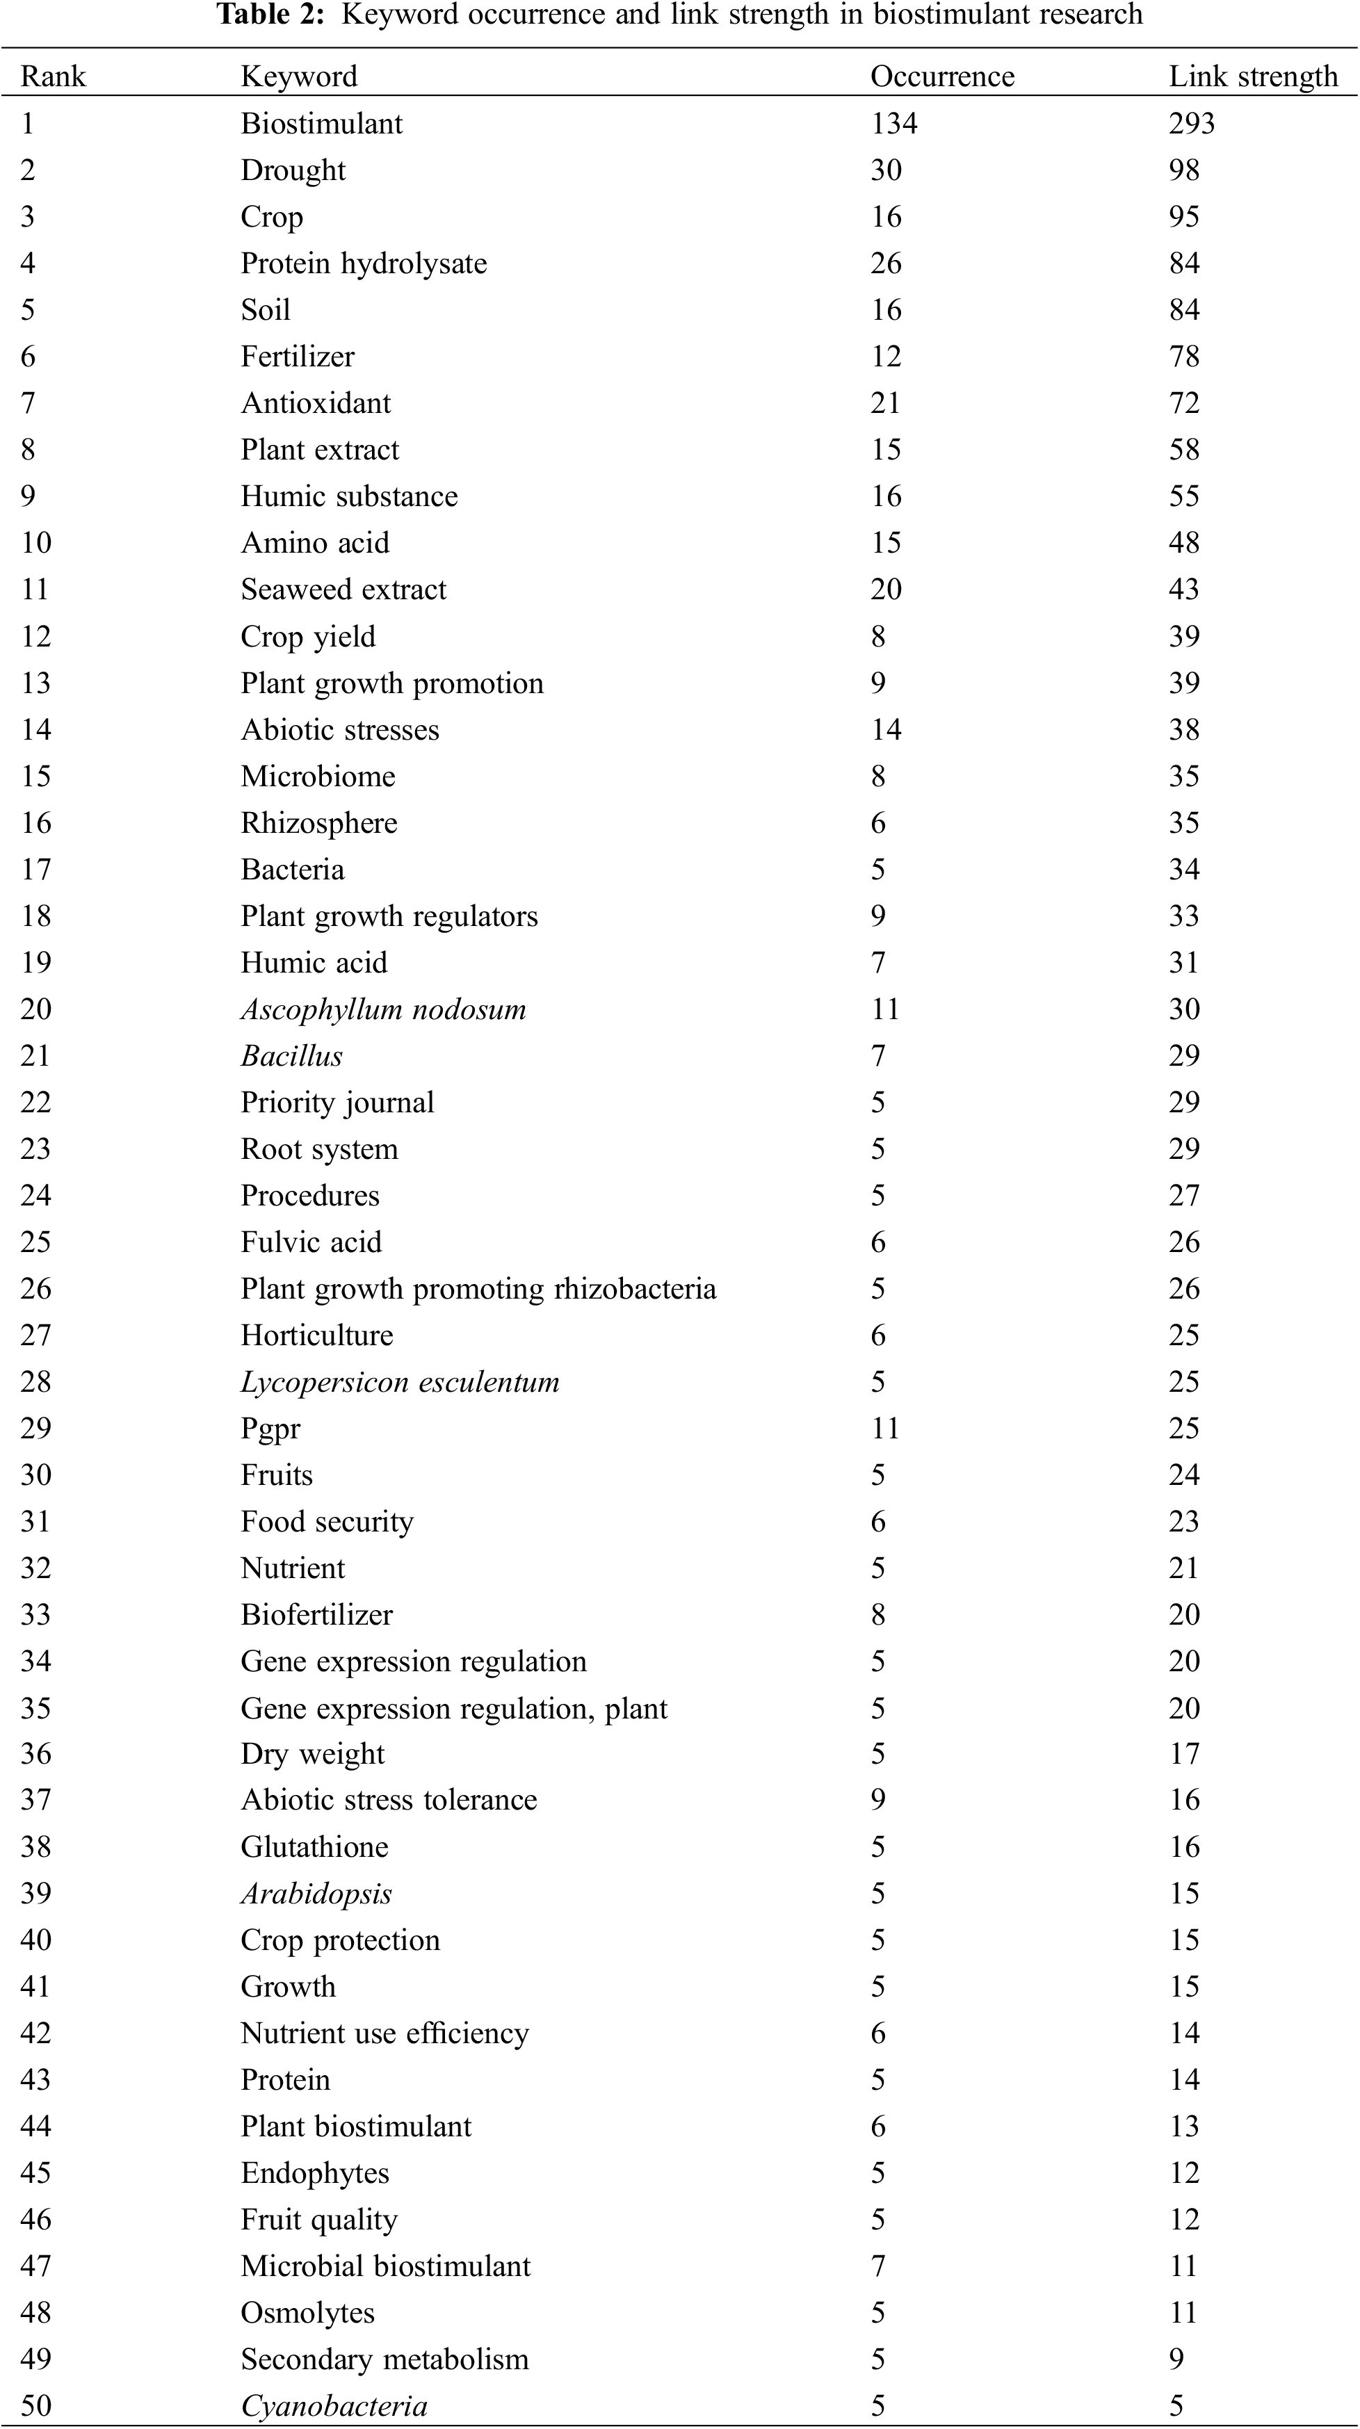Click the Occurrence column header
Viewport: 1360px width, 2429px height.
tap(941, 76)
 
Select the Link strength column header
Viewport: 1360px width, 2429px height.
tap(1252, 76)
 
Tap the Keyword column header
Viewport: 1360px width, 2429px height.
tap(299, 76)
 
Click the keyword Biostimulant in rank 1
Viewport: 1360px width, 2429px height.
tap(322, 124)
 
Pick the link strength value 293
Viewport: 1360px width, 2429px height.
tap(1191, 124)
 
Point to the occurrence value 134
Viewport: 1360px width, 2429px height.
tap(893, 124)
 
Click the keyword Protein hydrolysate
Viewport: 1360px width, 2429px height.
tap(363, 263)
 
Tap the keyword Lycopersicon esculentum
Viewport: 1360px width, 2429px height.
tap(400, 1381)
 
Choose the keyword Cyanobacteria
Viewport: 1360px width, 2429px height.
tap(334, 2405)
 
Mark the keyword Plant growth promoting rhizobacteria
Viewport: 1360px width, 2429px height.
tap(478, 1288)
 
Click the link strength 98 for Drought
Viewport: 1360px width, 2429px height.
tap(1183, 170)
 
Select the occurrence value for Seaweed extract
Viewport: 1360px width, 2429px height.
tap(886, 590)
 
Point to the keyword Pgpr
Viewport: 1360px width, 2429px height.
tap(270, 1429)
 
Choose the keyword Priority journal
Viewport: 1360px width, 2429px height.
tap(337, 1103)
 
